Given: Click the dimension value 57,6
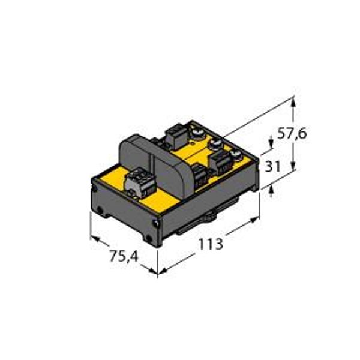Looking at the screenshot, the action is [x=292, y=133].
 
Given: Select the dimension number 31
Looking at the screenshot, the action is [x=273, y=166].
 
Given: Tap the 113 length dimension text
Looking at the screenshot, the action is [x=211, y=244].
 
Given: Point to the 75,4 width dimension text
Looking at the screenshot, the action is [x=124, y=256].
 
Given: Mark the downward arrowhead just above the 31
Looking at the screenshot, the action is [x=271, y=143].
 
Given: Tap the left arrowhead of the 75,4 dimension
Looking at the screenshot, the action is [x=96, y=239].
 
